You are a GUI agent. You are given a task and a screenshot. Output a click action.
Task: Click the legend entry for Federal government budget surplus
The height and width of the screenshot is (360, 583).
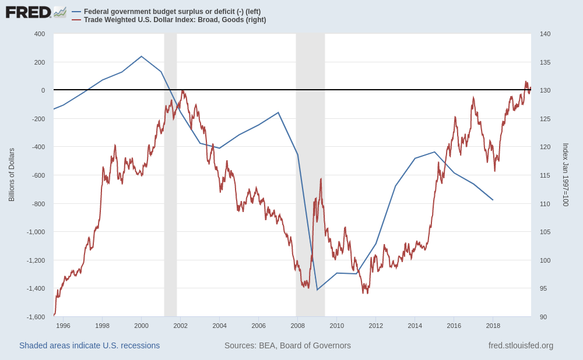pyautogui.click(x=172, y=12)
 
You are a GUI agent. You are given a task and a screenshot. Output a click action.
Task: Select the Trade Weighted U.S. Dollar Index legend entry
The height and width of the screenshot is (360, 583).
pyautogui.click(x=174, y=20)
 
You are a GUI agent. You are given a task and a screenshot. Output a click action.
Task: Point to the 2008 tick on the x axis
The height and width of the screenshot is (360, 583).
pyautogui.click(x=297, y=326)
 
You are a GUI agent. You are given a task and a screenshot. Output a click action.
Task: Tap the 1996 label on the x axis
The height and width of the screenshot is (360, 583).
pyautogui.click(x=63, y=326)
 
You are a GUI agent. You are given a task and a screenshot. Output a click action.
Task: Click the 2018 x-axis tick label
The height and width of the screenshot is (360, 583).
pyautogui.click(x=493, y=326)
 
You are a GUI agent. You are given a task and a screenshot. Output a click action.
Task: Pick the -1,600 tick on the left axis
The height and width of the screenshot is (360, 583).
pyautogui.click(x=36, y=317)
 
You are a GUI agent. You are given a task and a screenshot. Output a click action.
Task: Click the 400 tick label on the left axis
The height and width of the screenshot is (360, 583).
pyautogui.click(x=40, y=34)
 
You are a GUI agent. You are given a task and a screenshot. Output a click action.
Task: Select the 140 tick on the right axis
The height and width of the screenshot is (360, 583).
pyautogui.click(x=545, y=34)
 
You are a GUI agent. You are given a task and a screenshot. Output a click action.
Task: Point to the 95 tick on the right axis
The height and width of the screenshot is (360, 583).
pyautogui.click(x=543, y=288)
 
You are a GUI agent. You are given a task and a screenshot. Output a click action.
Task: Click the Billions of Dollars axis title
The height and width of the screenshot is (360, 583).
pyautogui.click(x=12, y=175)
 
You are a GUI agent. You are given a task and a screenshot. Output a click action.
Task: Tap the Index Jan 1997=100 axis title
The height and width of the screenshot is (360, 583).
pyautogui.click(x=565, y=175)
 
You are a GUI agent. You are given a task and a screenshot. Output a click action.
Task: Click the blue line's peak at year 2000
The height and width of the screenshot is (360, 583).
pyautogui.click(x=142, y=57)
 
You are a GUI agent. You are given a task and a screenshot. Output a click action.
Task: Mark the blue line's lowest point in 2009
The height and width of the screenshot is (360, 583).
pyautogui.click(x=317, y=290)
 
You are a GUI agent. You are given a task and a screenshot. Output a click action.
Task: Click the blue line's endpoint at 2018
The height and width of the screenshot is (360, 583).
pyautogui.click(x=493, y=200)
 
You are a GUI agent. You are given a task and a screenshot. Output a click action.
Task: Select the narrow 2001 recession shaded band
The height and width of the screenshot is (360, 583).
pyautogui.click(x=170, y=175)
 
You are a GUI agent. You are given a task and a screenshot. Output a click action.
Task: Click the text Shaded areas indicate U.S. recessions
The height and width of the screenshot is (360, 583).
pyautogui.click(x=89, y=345)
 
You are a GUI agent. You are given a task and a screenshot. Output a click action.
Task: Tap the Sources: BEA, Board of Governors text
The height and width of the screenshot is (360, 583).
pyautogui.click(x=287, y=345)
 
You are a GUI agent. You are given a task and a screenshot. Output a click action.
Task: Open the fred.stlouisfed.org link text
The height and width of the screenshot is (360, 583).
pyautogui.click(x=521, y=345)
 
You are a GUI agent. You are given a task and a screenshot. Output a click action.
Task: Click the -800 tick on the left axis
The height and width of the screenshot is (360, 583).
pyautogui.click(x=38, y=204)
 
